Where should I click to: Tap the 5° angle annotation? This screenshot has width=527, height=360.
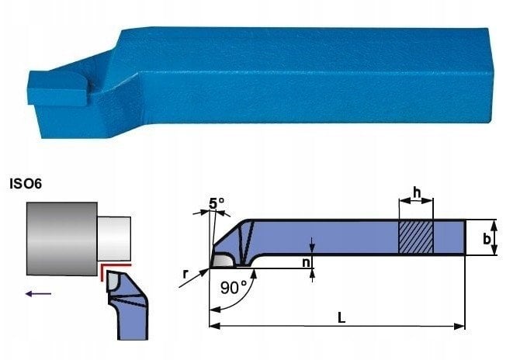(x=217, y=203)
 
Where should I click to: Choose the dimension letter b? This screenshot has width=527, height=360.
(x=508, y=239)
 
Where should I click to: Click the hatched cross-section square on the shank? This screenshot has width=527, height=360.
(x=416, y=237)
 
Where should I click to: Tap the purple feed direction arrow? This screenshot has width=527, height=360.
(x=38, y=293)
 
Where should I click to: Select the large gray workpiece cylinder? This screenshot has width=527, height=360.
(x=61, y=238)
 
